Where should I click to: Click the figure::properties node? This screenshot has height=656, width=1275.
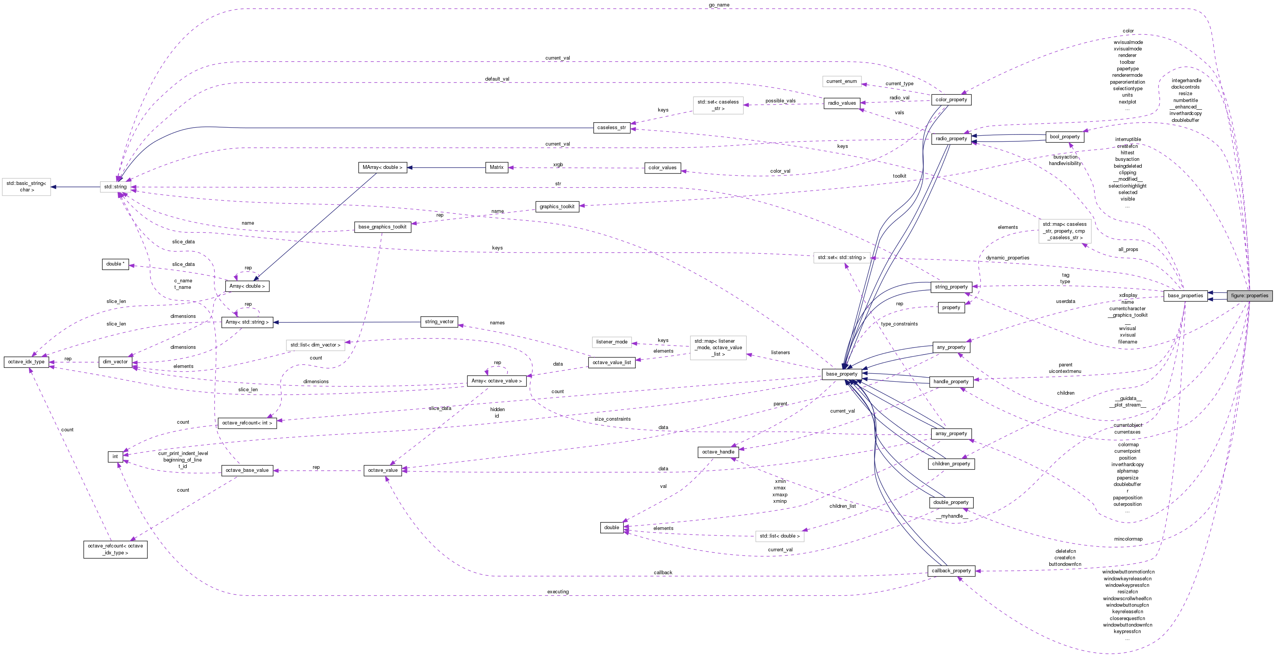(x=1249, y=296)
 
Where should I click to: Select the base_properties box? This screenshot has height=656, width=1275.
(x=1185, y=296)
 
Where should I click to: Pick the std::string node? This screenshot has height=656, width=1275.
(x=115, y=187)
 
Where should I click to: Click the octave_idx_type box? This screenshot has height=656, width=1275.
(x=26, y=362)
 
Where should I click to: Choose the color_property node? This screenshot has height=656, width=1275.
(x=951, y=99)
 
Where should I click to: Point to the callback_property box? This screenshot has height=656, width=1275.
(x=951, y=570)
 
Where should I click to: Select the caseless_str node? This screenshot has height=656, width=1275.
(x=611, y=128)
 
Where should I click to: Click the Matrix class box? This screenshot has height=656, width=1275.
(x=496, y=167)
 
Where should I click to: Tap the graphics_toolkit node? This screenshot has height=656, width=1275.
(x=557, y=206)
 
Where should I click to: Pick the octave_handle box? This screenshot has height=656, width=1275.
(x=717, y=452)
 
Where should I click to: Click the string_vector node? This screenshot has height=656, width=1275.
(x=439, y=322)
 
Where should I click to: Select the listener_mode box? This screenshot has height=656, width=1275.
(x=612, y=342)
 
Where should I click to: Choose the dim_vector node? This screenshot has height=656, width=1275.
(x=115, y=362)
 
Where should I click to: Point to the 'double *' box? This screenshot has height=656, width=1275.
(x=115, y=264)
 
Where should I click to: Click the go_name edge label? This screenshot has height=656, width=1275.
(x=719, y=5)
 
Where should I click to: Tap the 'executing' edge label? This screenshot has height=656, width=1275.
(x=558, y=592)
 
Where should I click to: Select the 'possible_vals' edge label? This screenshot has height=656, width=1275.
(x=780, y=101)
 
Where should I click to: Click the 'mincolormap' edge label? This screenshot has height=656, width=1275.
(x=1128, y=539)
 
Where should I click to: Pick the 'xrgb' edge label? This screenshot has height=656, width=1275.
(x=558, y=165)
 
